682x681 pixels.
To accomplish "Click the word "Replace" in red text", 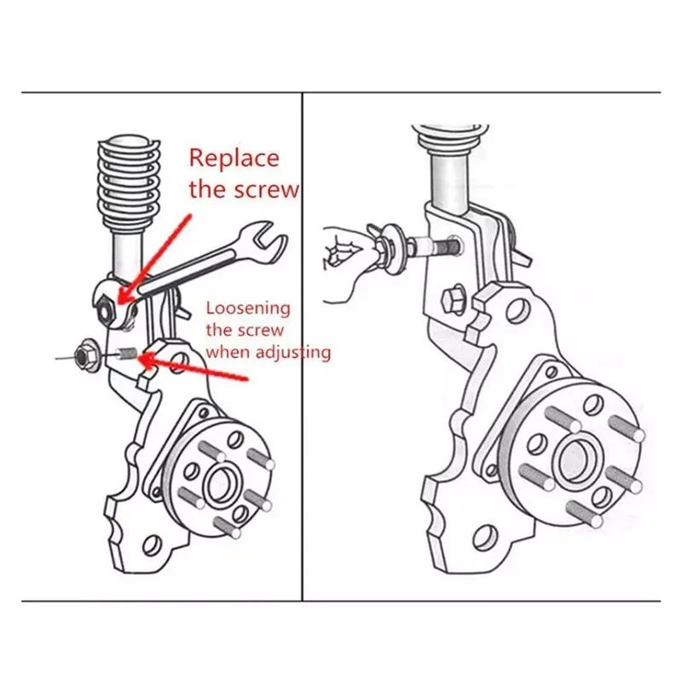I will (234, 158).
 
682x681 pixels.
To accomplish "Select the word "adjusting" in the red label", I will (290, 351).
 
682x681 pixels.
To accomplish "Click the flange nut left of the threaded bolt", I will (85, 349).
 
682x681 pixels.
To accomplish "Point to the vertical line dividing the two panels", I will (303, 341).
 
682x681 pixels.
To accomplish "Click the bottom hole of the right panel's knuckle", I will (483, 535).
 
